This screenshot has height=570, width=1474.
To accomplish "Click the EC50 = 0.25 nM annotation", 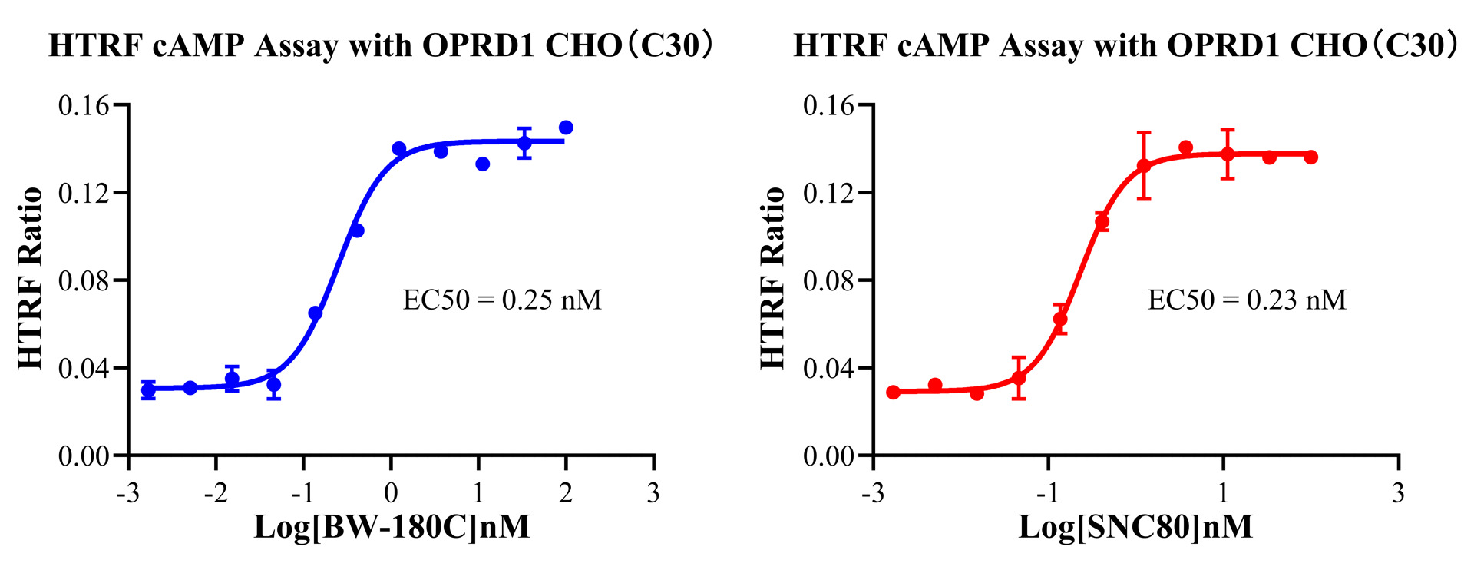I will click(502, 300).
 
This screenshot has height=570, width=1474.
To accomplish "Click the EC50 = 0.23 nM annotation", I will click(1247, 300).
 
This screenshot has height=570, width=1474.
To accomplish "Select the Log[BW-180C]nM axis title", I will click(392, 527).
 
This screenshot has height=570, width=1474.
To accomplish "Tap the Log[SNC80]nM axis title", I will click(1135, 527).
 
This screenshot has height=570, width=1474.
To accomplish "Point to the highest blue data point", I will click(566, 128).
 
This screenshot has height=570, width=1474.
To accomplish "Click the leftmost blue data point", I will click(148, 390).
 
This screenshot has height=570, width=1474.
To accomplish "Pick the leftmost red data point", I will click(893, 393).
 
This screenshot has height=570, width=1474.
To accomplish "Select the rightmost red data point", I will click(1310, 157).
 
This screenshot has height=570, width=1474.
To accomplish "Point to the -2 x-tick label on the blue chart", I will click(216, 493).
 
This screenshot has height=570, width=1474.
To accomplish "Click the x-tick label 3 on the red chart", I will click(1398, 493).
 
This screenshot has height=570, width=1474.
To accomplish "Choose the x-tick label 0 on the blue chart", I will click(392, 493).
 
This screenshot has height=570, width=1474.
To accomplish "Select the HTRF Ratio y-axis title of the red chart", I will click(772, 278).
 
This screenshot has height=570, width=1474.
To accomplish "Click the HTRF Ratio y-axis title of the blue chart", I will click(29, 278).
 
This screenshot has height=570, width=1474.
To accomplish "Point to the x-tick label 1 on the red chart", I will click(1223, 493).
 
